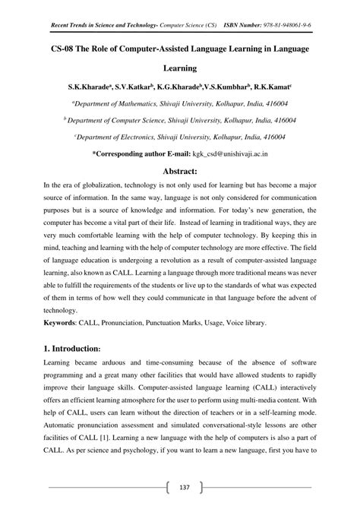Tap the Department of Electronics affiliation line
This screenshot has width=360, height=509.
coord(180,138)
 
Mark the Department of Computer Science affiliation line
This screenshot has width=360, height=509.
coord(180,121)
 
